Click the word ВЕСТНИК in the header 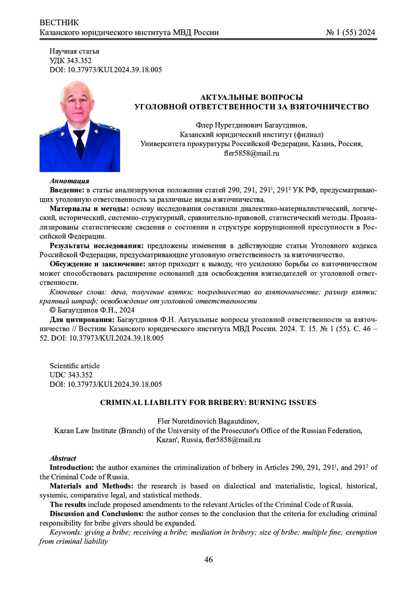[x=59, y=23]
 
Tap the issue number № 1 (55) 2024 [x=350, y=33]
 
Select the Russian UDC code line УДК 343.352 [x=71, y=60]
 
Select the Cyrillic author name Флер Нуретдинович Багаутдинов [x=251, y=125]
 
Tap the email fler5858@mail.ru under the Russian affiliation [x=251, y=153]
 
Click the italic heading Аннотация [x=69, y=181]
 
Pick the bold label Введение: [x=67, y=190]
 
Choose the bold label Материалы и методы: [x=89, y=209]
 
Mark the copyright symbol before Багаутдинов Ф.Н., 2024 [x=52, y=310]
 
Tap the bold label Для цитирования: [x=82, y=320]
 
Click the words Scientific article [x=74, y=366]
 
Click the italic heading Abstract [x=63, y=458]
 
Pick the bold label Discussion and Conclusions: [x=97, y=514]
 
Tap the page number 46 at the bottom [x=208, y=560]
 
